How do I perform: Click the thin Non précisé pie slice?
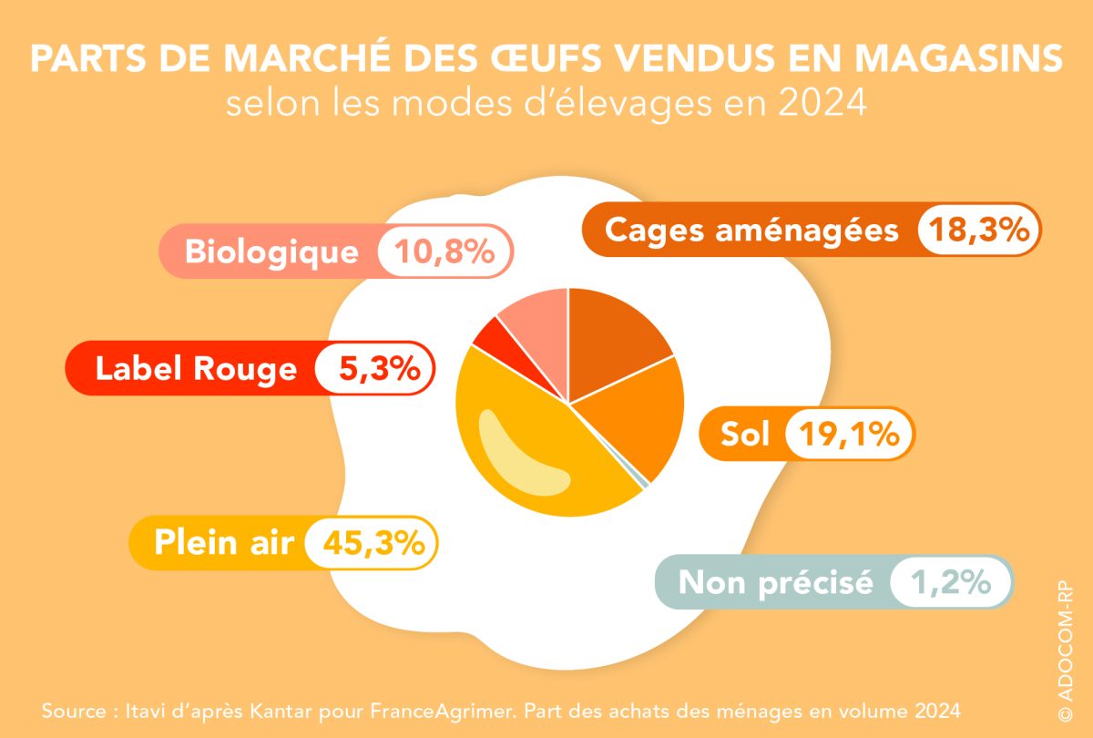tap(644, 482)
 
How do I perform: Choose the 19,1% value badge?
tap(849, 435)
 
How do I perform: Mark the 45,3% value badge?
tap(373, 543)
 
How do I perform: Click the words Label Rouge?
tap(196, 369)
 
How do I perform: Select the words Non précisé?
tap(776, 582)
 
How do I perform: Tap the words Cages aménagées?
tap(751, 231)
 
